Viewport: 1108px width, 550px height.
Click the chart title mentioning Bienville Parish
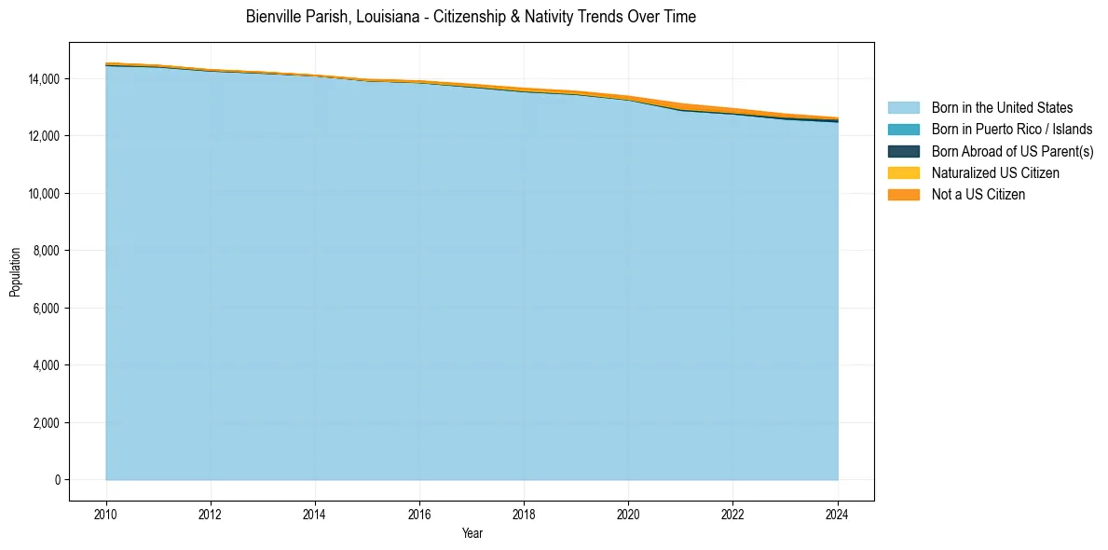(471, 17)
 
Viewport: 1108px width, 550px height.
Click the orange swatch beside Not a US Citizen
(903, 194)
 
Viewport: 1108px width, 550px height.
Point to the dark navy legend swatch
(903, 151)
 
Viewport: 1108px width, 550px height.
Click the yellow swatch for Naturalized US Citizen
(903, 172)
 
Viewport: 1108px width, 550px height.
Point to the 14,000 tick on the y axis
(45, 79)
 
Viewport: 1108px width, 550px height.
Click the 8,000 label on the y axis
(48, 251)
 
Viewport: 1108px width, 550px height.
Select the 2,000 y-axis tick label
(48, 423)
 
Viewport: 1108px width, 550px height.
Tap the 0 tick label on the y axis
(58, 480)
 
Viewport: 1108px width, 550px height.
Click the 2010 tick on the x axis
(106, 513)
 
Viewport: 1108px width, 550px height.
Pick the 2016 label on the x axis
(419, 513)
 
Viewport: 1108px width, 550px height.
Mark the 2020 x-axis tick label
(628, 513)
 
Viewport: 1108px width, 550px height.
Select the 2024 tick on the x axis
(837, 513)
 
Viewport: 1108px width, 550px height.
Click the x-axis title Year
(472, 534)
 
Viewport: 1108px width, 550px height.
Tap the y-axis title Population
(15, 271)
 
